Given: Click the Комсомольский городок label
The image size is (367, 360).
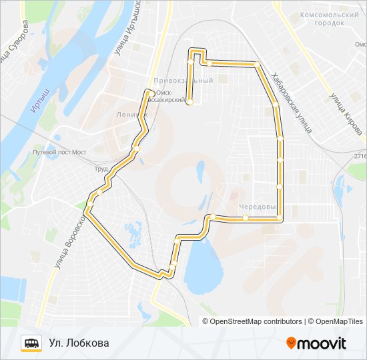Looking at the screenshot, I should [x=329, y=19].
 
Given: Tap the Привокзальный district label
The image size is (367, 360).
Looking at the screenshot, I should [x=183, y=80].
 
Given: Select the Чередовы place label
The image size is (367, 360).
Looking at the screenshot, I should [x=257, y=207].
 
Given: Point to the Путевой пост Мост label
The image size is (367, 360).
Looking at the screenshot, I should [x=59, y=152].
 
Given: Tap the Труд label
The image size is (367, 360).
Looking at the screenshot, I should [x=101, y=169].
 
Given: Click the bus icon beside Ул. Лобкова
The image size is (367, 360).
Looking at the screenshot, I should [x=31, y=343].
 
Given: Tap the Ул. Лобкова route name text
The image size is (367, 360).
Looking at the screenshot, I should [x=78, y=343].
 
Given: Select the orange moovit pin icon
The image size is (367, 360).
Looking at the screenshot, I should [x=292, y=343].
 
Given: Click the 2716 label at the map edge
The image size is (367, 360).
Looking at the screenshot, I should [x=360, y=156].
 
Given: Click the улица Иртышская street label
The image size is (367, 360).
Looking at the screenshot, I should [x=131, y=27].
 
